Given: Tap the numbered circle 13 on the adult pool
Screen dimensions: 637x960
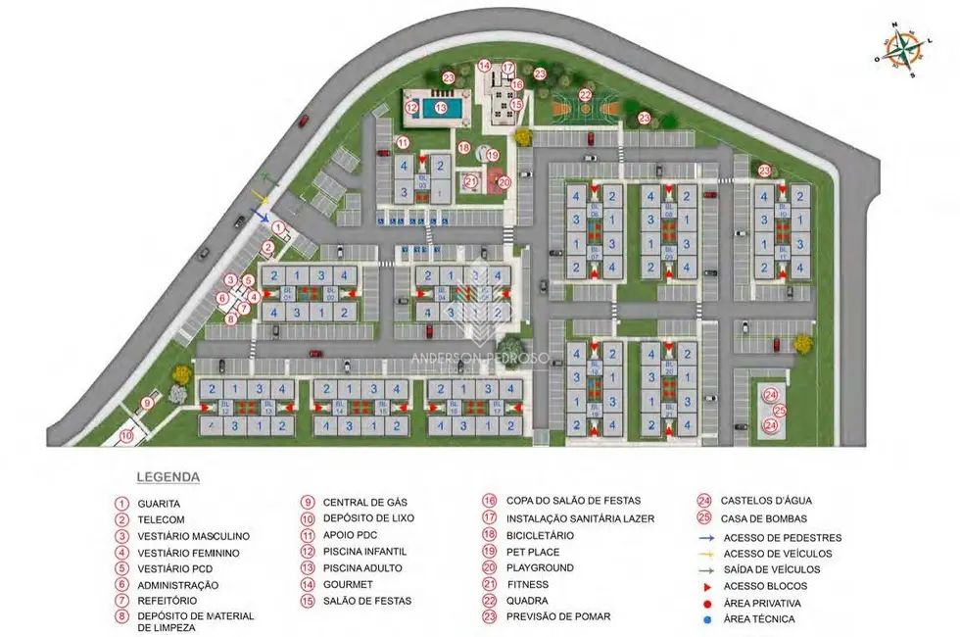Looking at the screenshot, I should [x=441, y=108].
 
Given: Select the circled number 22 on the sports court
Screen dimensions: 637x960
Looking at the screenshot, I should [x=585, y=95].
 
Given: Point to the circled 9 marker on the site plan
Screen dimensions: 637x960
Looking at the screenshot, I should [x=146, y=403].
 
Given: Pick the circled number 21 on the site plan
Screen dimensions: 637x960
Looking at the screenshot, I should [x=471, y=180].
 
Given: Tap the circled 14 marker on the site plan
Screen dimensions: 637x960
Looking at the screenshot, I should [x=484, y=67].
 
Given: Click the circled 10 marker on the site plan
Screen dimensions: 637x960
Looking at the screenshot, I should [x=126, y=436].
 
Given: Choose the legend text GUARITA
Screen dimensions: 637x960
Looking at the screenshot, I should [x=159, y=504].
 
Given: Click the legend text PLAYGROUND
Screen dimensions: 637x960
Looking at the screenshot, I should [x=540, y=568].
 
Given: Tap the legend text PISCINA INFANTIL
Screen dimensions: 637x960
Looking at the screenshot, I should [x=364, y=552].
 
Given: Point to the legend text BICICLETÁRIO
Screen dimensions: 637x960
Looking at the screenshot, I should [x=540, y=536].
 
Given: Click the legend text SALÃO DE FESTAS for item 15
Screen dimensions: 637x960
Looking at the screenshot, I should [x=367, y=601].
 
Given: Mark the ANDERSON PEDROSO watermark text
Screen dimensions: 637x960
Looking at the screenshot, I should [x=480, y=359].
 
